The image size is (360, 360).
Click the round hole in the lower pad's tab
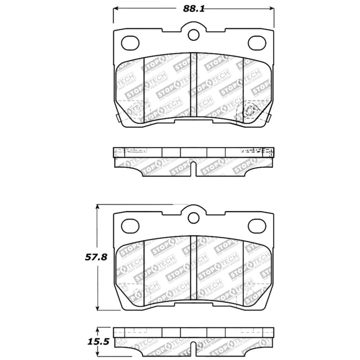coord(194,218)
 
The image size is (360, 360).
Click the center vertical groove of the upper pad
coord(194,85)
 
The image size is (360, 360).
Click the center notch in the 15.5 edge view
coord(194,350)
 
